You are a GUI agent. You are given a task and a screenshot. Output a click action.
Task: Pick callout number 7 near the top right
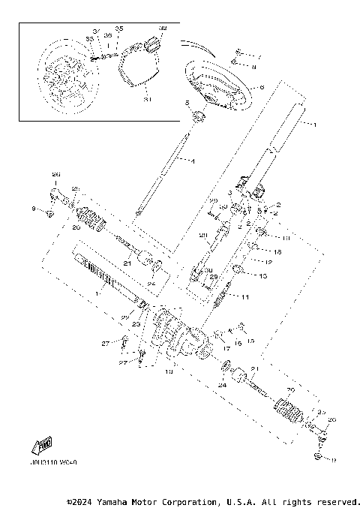(259, 56)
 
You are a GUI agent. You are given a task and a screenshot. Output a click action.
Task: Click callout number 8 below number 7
(253, 67)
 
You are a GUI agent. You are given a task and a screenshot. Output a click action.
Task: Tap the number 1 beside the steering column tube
(315, 123)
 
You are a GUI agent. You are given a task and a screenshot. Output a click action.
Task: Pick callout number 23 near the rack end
(137, 324)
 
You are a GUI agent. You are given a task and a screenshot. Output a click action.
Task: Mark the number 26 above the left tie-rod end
(55, 174)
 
